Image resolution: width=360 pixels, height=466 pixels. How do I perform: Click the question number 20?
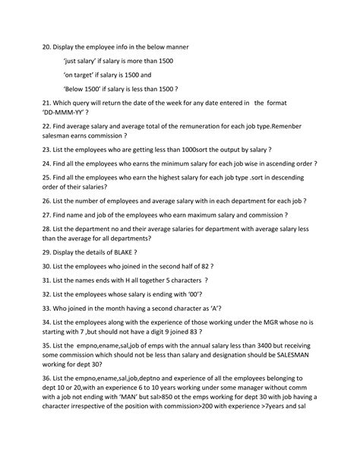click(47, 47)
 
